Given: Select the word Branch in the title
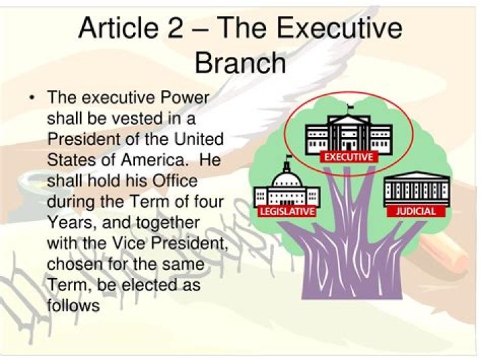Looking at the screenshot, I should pyautogui.click(x=240, y=63).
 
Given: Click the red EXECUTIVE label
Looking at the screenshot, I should pyautogui.click(x=348, y=157).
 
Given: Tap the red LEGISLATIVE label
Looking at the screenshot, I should pyautogui.click(x=286, y=212).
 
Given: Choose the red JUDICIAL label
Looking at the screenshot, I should pyautogui.click(x=416, y=211).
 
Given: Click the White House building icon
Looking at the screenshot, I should pyautogui.click(x=348, y=133).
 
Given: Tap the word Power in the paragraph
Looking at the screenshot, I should pyautogui.click(x=184, y=98).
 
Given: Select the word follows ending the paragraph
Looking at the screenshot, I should pyautogui.click(x=73, y=307).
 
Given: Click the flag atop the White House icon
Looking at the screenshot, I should pyautogui.click(x=349, y=108).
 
